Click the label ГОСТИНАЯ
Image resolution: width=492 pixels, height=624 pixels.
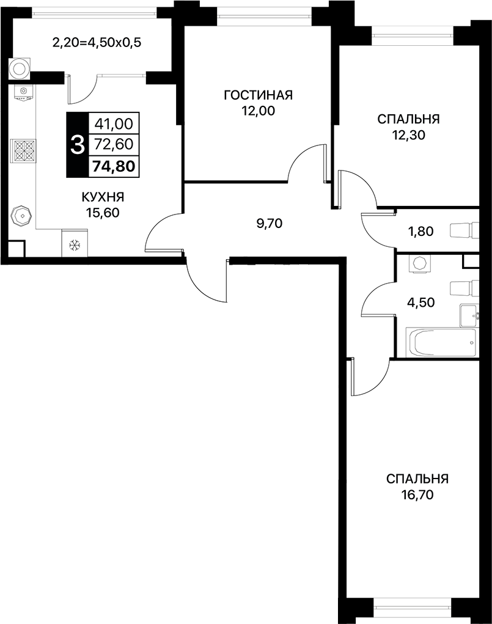click(258, 95)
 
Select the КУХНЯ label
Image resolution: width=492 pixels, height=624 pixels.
click(103, 197)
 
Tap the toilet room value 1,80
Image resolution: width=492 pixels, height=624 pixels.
click(421, 231)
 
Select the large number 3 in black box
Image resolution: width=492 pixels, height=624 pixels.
click(77, 145)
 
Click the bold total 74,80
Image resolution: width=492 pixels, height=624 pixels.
click(114, 165)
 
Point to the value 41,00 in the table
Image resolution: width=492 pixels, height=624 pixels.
click(114, 124)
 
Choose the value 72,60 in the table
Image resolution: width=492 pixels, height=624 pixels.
click(114, 144)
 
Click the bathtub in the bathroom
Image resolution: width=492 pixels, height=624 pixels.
click(441, 344)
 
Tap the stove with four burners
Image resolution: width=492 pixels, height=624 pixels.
click(23, 150)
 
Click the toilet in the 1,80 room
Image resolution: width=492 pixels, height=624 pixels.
click(463, 230)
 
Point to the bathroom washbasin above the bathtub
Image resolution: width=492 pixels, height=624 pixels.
click(469, 315)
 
